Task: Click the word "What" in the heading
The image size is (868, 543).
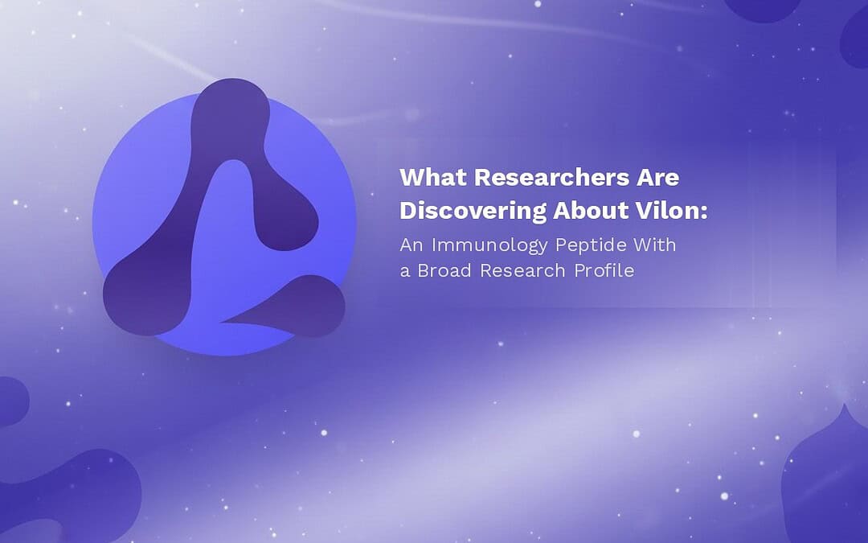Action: [433, 177]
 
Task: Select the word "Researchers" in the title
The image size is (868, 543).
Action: [551, 177]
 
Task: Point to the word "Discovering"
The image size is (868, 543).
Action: [473, 211]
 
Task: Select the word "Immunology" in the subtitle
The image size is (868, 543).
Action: [490, 245]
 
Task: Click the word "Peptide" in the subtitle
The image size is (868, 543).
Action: [592, 245]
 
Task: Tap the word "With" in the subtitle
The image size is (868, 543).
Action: [655, 245]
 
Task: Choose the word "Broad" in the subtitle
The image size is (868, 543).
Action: [444, 270]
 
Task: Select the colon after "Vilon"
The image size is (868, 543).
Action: [704, 212]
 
